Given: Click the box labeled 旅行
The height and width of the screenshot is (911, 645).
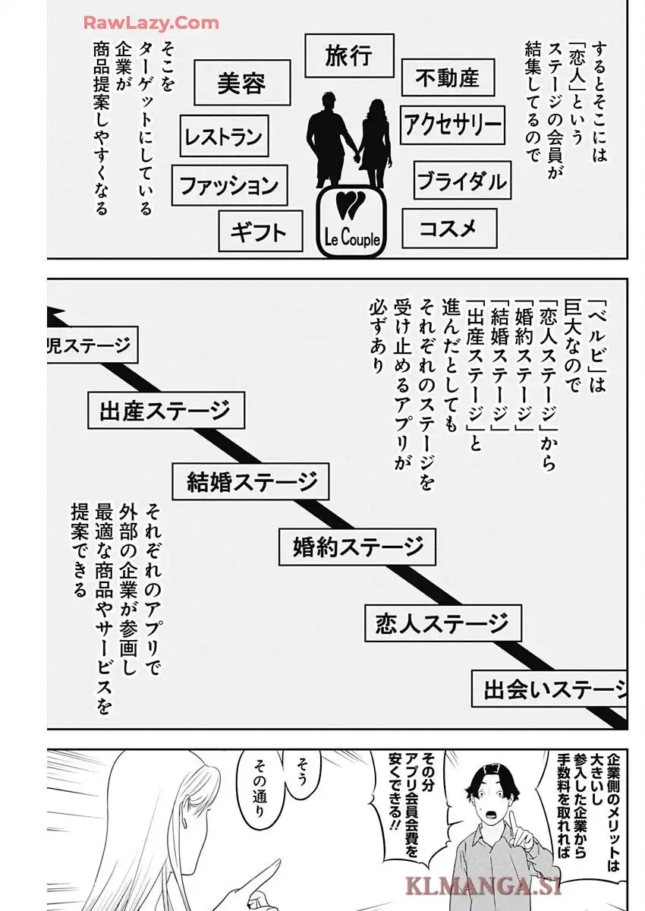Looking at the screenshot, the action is (349, 55).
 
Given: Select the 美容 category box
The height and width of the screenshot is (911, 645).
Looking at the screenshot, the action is (242, 83).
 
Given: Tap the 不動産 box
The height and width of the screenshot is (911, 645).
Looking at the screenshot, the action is (448, 77).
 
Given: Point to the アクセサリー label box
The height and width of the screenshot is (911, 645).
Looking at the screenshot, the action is (452, 125).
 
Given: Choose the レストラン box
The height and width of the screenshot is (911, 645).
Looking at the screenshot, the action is (224, 136).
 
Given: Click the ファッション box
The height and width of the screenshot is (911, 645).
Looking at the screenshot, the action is (230, 185).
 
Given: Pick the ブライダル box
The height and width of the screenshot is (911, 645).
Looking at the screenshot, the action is (462, 180).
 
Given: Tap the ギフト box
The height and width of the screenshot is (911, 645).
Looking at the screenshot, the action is (260, 231).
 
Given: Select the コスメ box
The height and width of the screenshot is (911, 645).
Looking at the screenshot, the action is (449, 229).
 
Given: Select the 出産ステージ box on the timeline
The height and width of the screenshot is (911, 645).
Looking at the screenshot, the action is (166, 411).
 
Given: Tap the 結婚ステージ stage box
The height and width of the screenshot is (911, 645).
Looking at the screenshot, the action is (250, 481).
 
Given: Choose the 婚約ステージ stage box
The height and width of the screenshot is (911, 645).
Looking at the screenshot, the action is (357, 547).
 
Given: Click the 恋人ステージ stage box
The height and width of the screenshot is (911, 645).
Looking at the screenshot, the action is (443, 623).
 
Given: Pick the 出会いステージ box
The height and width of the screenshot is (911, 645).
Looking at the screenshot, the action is (549, 689).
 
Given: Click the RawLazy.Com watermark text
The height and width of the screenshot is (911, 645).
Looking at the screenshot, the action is (151, 24).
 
